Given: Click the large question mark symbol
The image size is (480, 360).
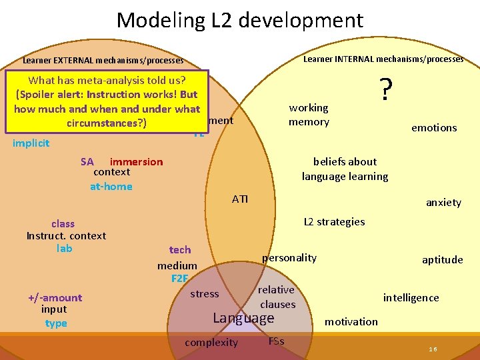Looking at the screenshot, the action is [385, 89].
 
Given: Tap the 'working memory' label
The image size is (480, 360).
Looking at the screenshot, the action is [309, 115].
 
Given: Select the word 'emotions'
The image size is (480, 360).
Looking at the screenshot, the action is [434, 127].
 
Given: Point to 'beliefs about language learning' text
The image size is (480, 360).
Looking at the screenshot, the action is [345, 169].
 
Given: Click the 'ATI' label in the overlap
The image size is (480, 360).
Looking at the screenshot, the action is [240, 199].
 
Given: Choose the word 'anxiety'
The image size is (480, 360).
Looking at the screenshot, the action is [443, 203].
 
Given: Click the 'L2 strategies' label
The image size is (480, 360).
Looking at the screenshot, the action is [334, 221].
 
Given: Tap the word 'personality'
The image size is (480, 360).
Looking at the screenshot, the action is [289, 257].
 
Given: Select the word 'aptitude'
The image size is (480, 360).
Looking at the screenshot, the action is [442, 260].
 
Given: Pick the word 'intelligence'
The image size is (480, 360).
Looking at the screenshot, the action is [411, 297].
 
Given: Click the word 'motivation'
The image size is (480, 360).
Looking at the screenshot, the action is [351, 321].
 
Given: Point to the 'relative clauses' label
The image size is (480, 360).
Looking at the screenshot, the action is [277, 297].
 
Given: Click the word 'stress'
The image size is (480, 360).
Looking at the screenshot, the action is [204, 293].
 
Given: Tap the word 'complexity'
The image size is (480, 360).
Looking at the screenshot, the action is [211, 343].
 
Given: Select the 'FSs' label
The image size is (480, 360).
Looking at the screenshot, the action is [276, 341].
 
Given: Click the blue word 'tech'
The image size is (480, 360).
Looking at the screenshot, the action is [180, 249].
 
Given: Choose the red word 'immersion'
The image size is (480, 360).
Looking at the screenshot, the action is [136, 161].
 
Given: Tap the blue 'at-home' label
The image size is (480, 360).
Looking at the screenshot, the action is [111, 186].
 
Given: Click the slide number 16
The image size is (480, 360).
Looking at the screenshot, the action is [433, 349].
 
